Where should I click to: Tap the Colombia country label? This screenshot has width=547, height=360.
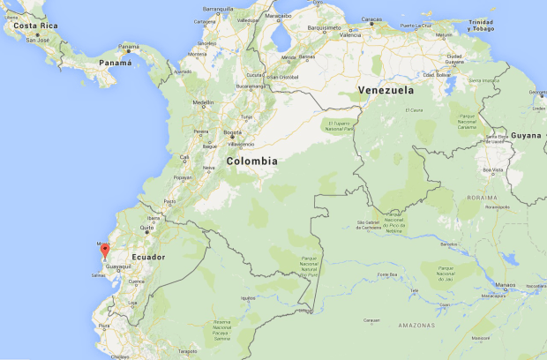tap(251, 161)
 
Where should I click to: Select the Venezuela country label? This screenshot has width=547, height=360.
tap(386, 90)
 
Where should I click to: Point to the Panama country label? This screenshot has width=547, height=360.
tap(115, 64)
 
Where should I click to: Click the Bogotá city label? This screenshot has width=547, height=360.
tap(233, 132)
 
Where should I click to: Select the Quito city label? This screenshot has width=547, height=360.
tap(146, 228)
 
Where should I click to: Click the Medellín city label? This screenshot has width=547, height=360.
tap(203, 102)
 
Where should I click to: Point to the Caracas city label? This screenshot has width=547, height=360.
tap(371, 19)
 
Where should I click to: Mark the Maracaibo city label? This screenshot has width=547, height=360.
tap(277, 15)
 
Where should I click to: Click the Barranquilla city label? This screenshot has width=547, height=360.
tap(217, 9)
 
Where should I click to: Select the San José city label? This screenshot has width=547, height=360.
tap(37, 41)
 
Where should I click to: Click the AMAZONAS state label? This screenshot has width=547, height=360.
tap(416, 326)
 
